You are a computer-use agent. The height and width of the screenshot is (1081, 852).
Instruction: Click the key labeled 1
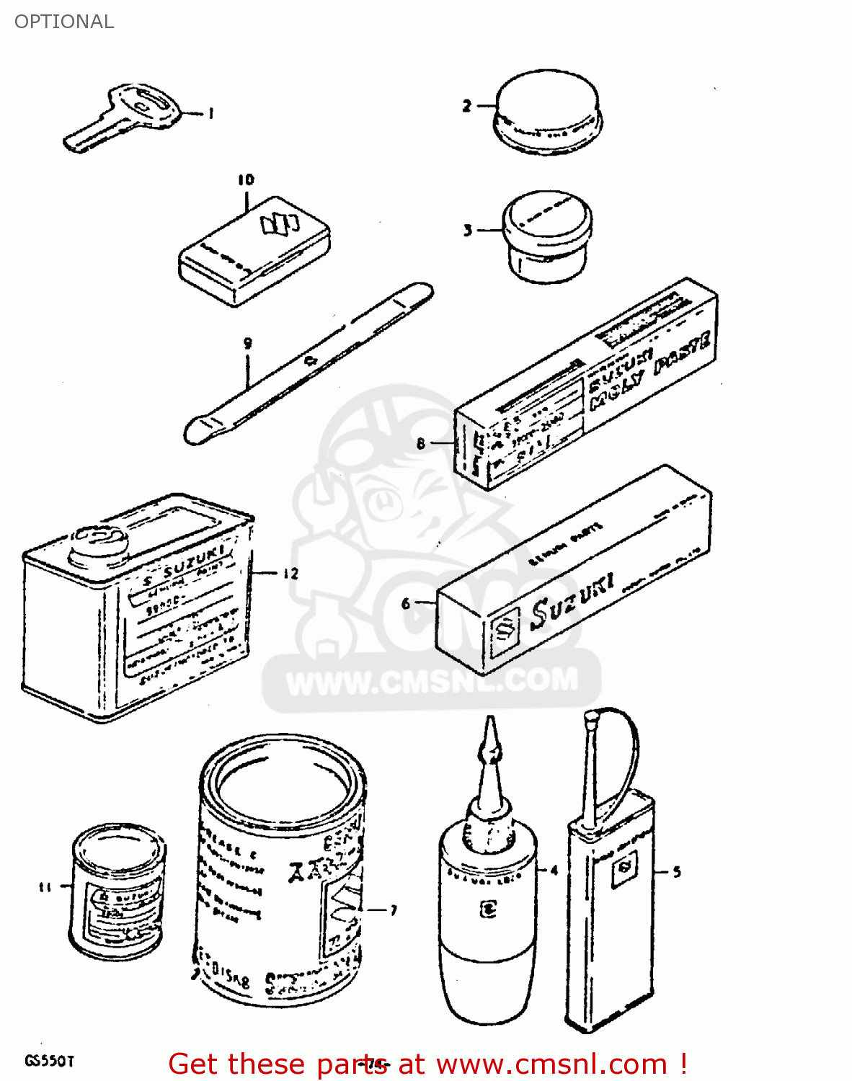(123, 119)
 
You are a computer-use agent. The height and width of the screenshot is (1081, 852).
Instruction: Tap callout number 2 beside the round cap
(466, 107)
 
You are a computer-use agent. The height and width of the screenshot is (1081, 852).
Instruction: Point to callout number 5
(677, 872)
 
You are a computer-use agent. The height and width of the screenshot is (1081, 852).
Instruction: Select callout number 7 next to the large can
(394, 911)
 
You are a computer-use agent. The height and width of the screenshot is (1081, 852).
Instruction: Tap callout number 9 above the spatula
(247, 344)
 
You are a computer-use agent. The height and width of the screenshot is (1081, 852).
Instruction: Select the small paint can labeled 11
(118, 891)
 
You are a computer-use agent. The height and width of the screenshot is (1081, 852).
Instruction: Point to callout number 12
(290, 574)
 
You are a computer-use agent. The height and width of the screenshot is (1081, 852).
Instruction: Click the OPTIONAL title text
(64, 22)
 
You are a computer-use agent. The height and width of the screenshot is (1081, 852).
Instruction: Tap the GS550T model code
(50, 1062)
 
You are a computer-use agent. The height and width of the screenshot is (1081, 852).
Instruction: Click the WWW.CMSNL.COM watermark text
(432, 680)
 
